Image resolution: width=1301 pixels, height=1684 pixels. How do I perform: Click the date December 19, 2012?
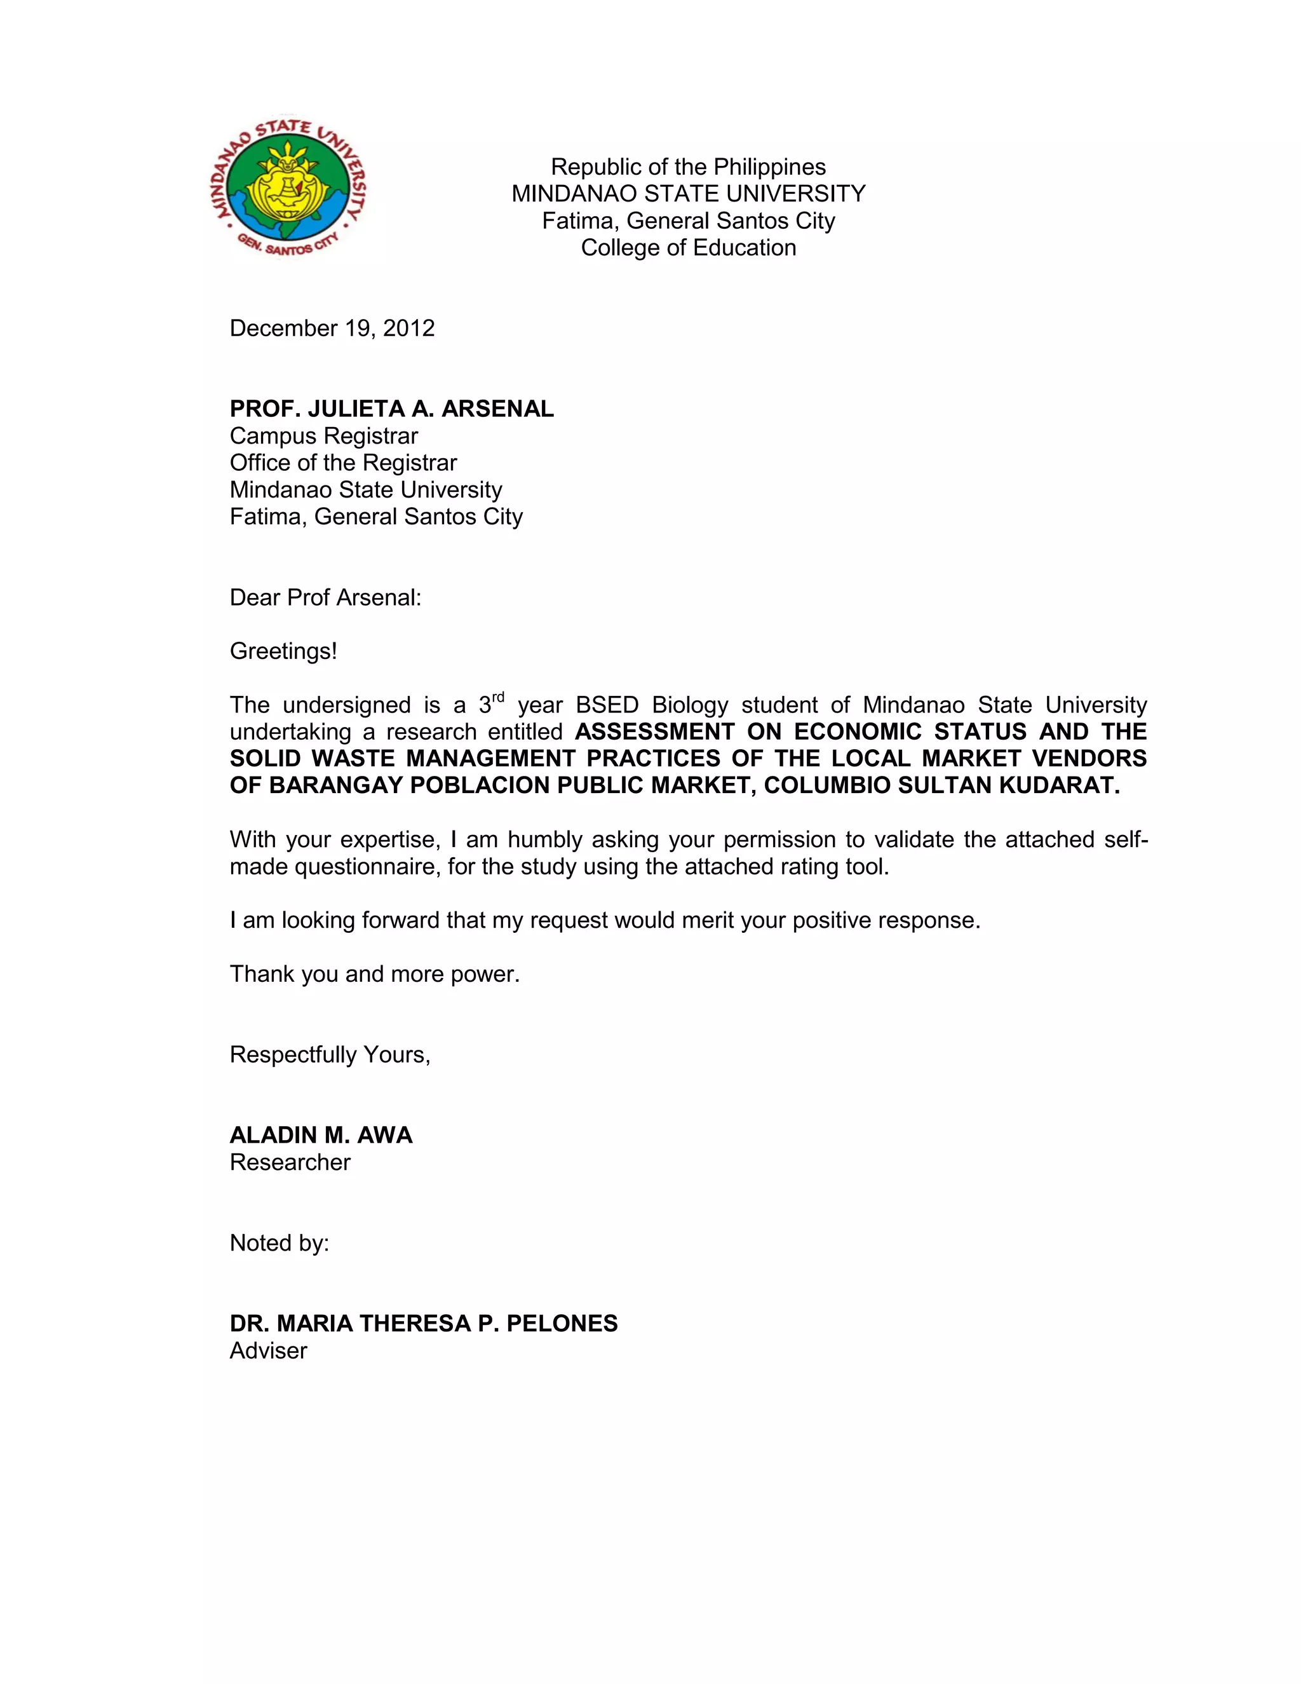pyautogui.click(x=332, y=329)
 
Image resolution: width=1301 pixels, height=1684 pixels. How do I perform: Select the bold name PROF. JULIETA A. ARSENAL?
pyautogui.click(x=391, y=409)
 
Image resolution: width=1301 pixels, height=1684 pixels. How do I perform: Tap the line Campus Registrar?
pyautogui.click(x=324, y=436)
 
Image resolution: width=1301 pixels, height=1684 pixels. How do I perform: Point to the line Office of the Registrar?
pyautogui.click(x=343, y=463)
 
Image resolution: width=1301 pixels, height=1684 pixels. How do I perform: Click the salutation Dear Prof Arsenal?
pyautogui.click(x=325, y=597)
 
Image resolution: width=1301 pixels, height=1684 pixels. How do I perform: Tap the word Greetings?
pyautogui.click(x=283, y=651)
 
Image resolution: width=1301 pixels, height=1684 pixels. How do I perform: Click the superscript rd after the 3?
pyautogui.click(x=498, y=698)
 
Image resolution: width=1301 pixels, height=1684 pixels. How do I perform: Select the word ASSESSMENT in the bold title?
pyautogui.click(x=654, y=731)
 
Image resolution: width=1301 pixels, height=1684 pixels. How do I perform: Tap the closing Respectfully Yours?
pyautogui.click(x=330, y=1054)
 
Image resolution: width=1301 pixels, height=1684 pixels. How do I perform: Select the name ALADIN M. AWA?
pyautogui.click(x=321, y=1135)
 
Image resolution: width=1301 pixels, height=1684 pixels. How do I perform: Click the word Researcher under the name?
pyautogui.click(x=290, y=1162)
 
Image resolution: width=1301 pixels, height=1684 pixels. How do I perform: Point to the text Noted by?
pyautogui.click(x=279, y=1243)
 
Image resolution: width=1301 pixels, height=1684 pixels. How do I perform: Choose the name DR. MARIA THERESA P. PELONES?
pyautogui.click(x=423, y=1323)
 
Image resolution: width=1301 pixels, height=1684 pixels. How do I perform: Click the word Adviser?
pyautogui.click(x=268, y=1350)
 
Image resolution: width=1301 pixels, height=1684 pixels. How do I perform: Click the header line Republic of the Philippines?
pyautogui.click(x=688, y=166)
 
